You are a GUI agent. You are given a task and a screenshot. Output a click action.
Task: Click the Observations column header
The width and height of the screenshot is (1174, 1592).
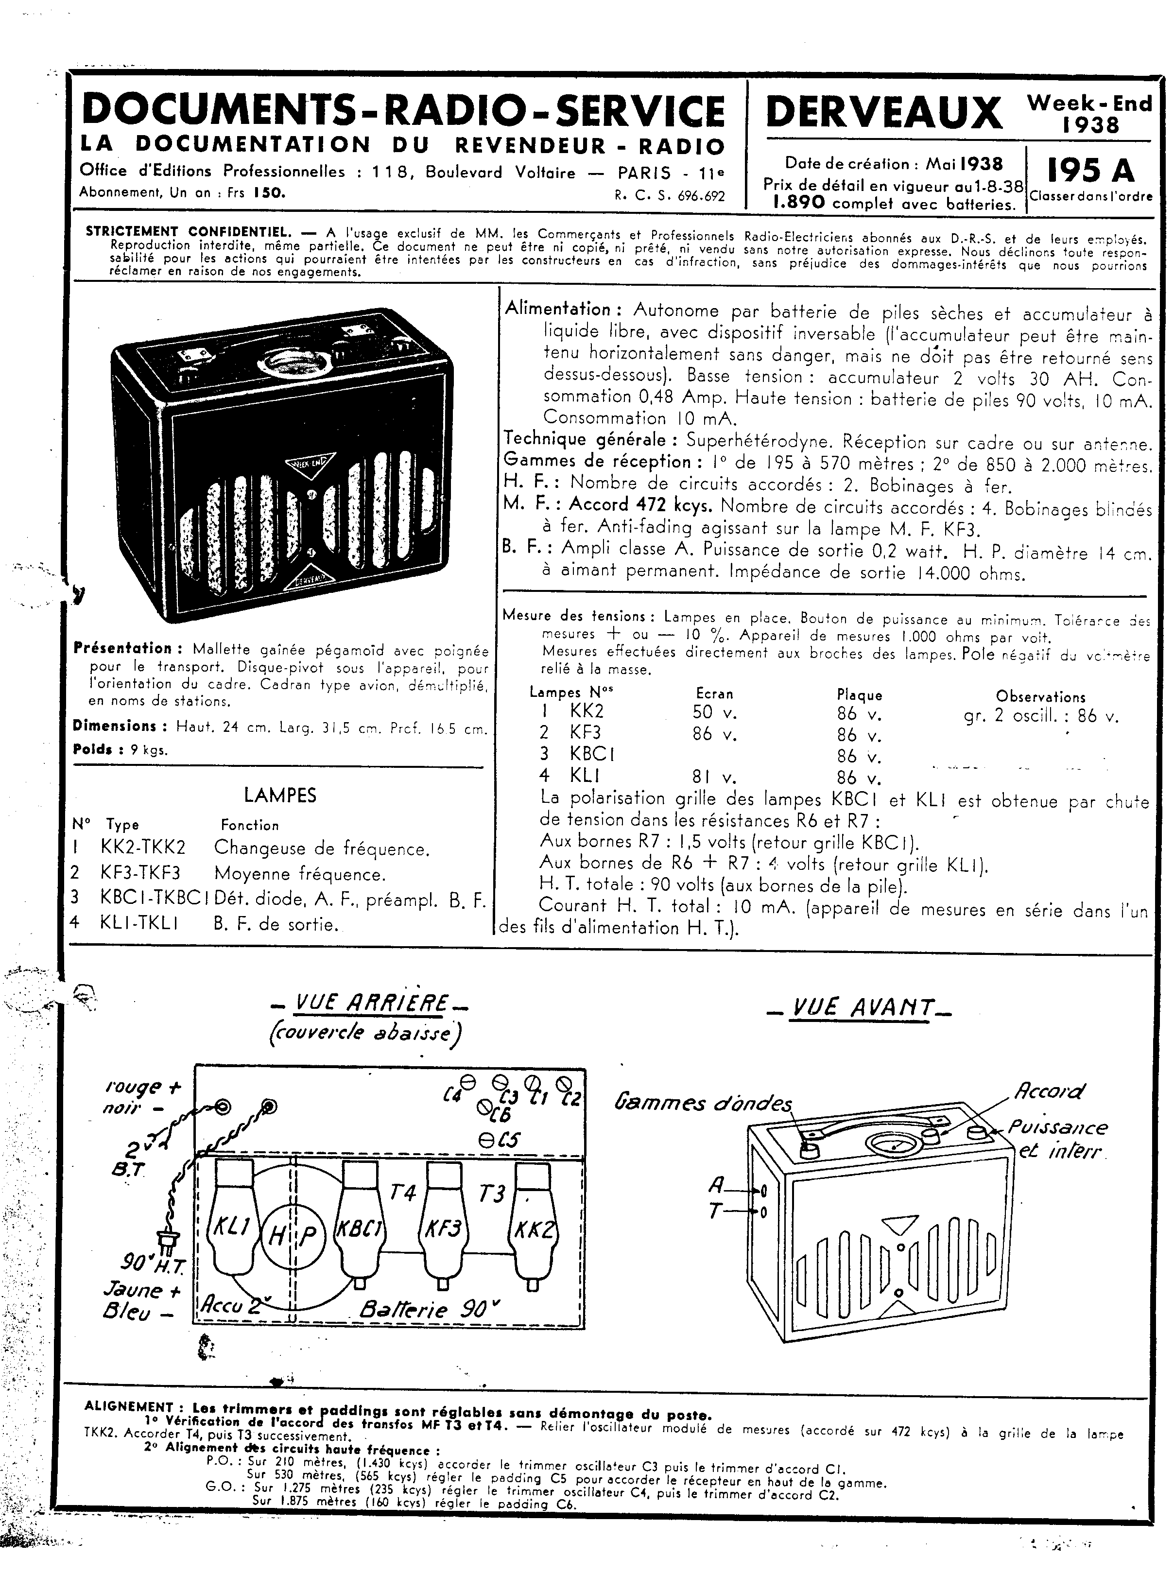(x=1040, y=696)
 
